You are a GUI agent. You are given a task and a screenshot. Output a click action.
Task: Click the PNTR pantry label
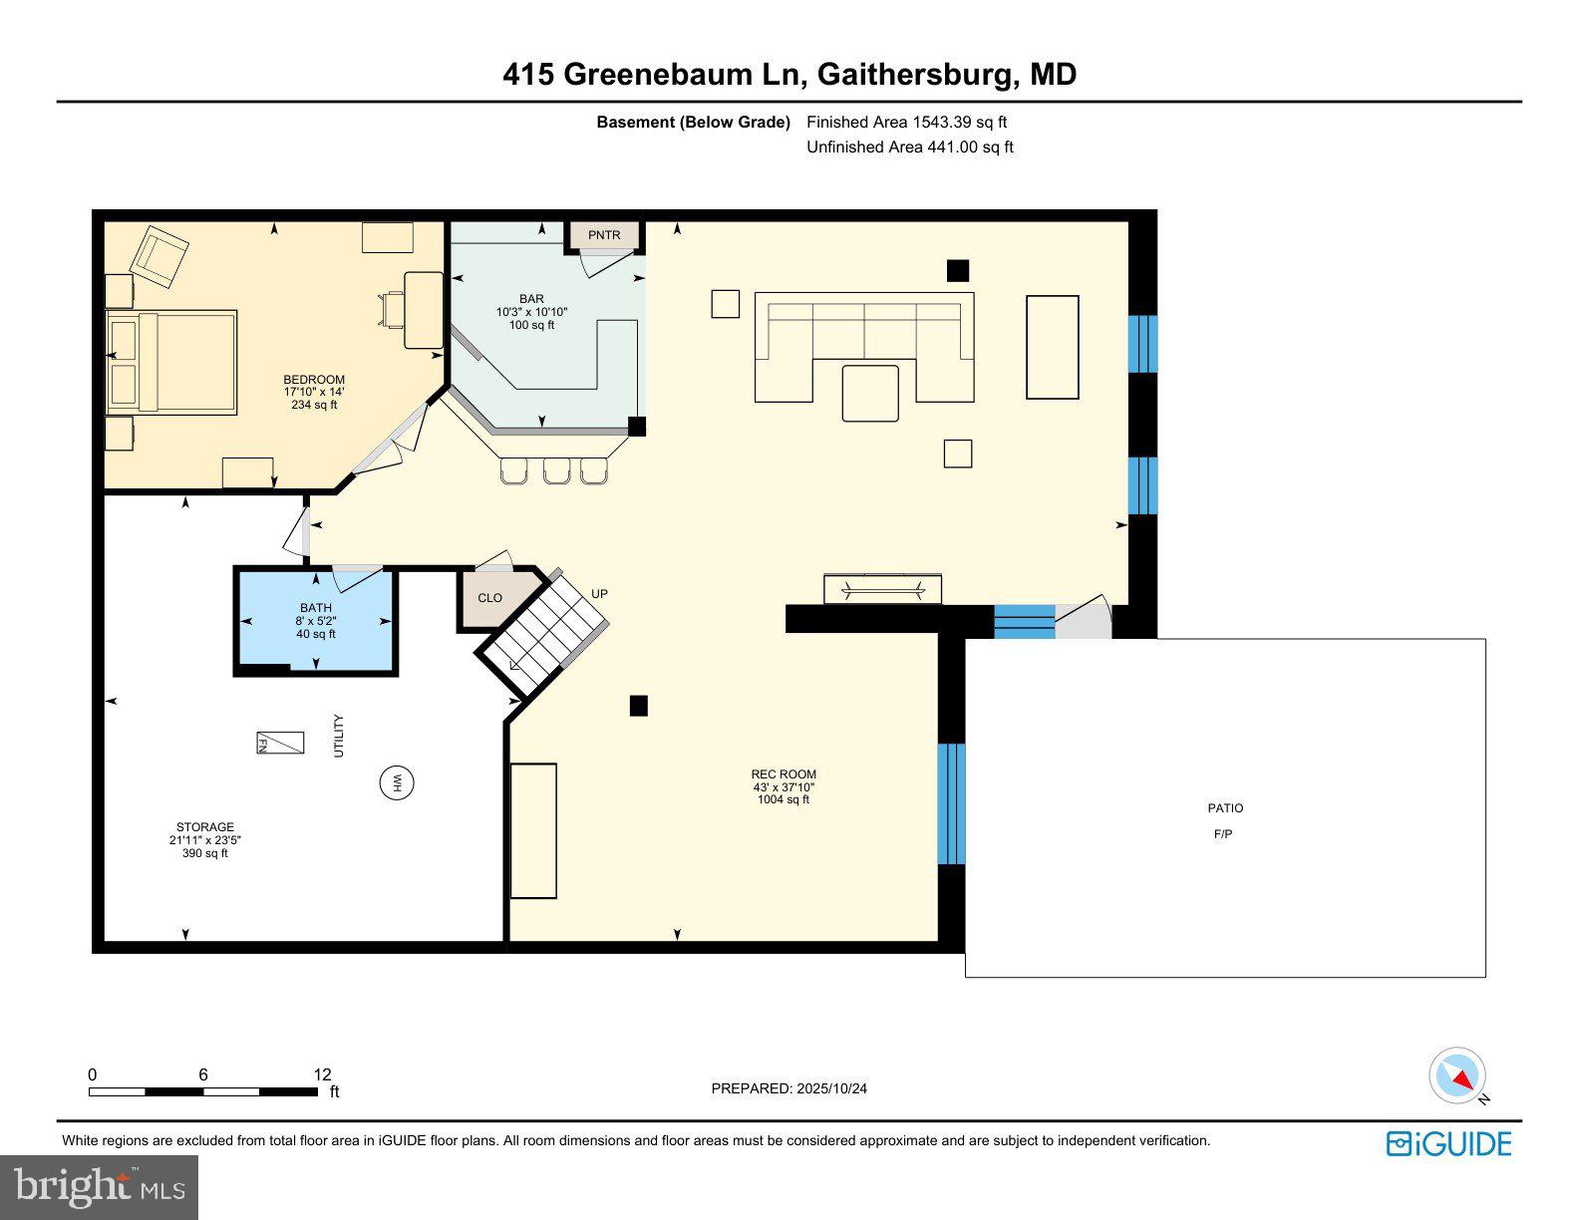click(x=604, y=235)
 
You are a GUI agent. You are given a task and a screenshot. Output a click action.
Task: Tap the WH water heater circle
click(x=397, y=782)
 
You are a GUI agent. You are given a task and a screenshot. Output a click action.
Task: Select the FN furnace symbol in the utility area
click(x=279, y=744)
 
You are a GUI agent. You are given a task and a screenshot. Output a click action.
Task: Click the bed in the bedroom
click(x=172, y=362)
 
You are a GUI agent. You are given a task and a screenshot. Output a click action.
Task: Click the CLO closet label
click(x=490, y=598)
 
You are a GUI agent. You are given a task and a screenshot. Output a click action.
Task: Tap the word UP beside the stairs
click(x=599, y=594)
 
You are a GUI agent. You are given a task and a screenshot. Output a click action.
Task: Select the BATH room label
click(x=316, y=608)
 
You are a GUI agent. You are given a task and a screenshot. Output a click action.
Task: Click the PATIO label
click(x=1225, y=808)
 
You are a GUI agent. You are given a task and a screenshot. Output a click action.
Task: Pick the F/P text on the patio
click(x=1223, y=834)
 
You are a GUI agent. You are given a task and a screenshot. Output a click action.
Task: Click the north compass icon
click(x=1457, y=1076)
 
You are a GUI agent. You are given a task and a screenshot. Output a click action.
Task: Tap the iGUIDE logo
click(x=1448, y=1143)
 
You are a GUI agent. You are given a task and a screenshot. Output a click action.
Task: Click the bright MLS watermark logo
click(x=100, y=1187)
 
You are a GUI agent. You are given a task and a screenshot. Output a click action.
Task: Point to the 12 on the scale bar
click(x=322, y=1074)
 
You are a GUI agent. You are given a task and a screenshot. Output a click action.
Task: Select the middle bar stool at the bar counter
click(x=556, y=470)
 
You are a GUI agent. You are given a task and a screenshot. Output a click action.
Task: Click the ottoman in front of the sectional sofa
click(x=870, y=394)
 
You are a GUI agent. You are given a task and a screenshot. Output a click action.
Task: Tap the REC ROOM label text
click(x=784, y=774)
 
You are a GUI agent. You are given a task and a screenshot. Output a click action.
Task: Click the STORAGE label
click(x=205, y=827)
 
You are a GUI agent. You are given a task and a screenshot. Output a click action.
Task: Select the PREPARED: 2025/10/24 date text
click(x=789, y=1088)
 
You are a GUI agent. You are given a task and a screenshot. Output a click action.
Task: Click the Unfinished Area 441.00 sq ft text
click(x=909, y=148)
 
